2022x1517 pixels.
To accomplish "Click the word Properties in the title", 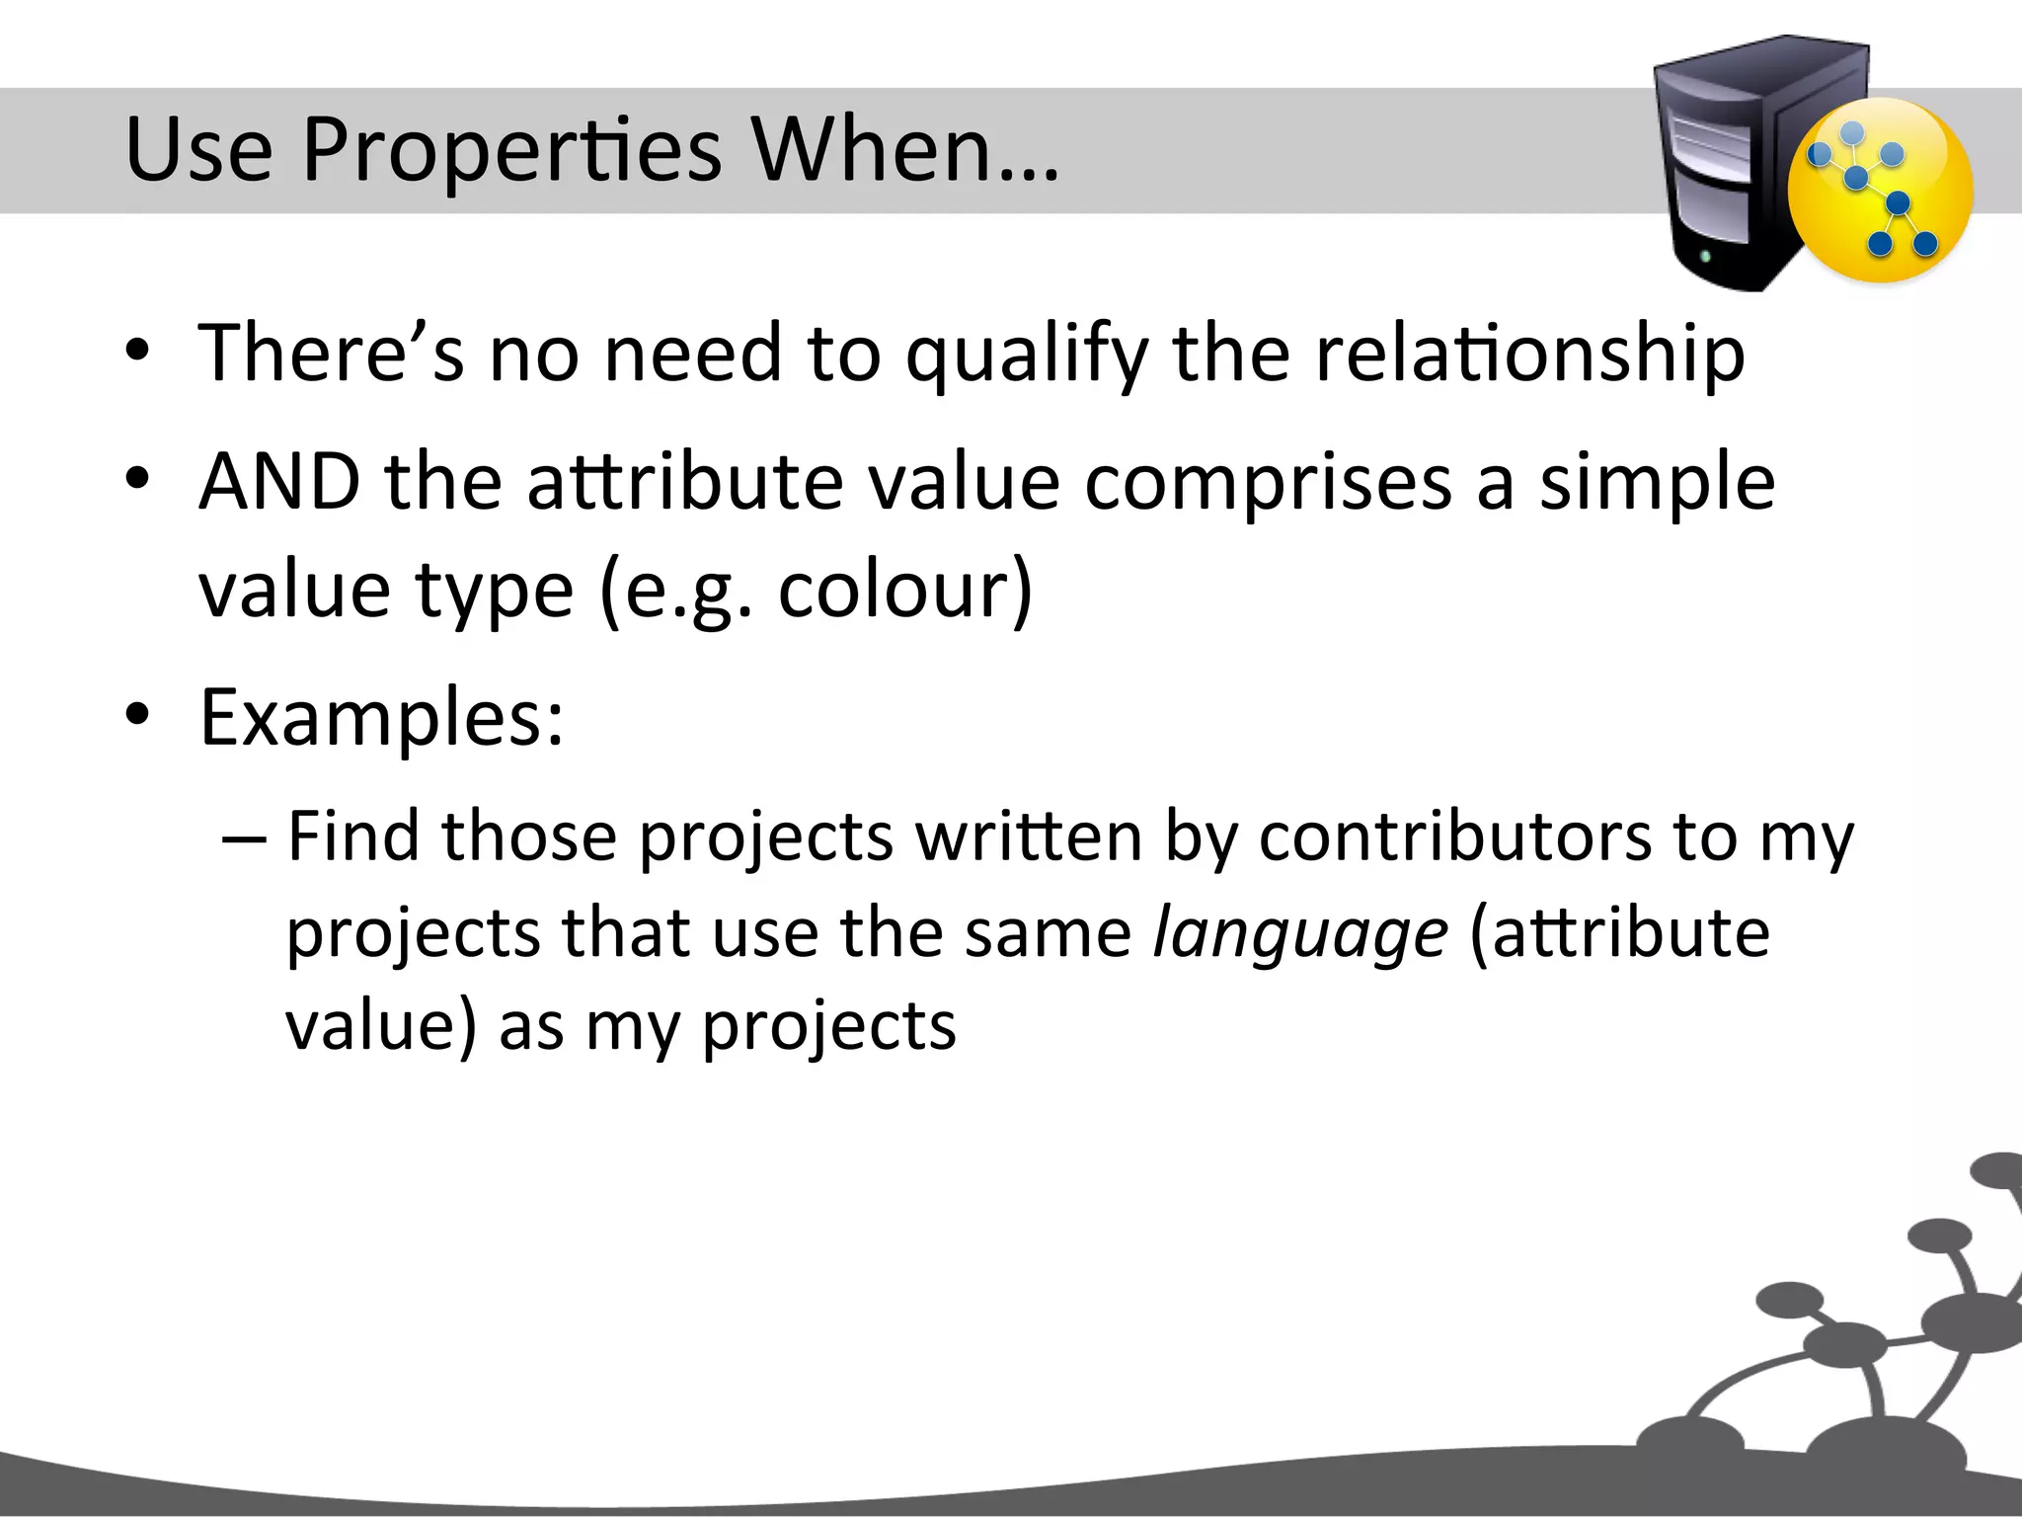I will click(x=511, y=151).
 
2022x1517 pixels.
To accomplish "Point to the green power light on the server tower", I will click(x=1706, y=257).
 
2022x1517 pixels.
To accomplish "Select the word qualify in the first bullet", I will click(x=1026, y=356).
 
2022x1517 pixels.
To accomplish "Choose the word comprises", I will click(x=1268, y=484).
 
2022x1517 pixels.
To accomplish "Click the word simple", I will click(x=1657, y=484).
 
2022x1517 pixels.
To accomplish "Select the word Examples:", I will click(x=382, y=717).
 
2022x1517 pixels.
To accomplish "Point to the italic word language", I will click(x=1299, y=933).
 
